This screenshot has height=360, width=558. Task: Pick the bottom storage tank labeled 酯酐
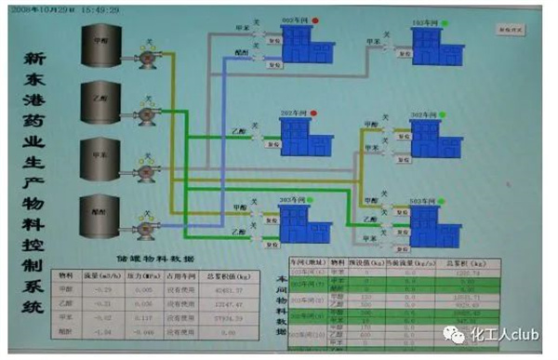coord(97,216)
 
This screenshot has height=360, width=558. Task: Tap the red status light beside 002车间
coord(315,20)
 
